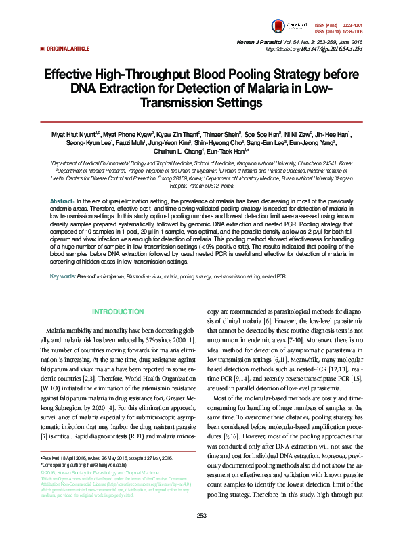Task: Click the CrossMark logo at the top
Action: (x=297, y=26)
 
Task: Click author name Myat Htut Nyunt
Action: (x=75, y=135)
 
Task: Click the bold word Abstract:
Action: (x=62, y=202)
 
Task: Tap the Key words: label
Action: (x=63, y=277)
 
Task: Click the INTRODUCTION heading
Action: (x=118, y=312)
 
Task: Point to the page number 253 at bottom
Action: (x=201, y=516)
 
